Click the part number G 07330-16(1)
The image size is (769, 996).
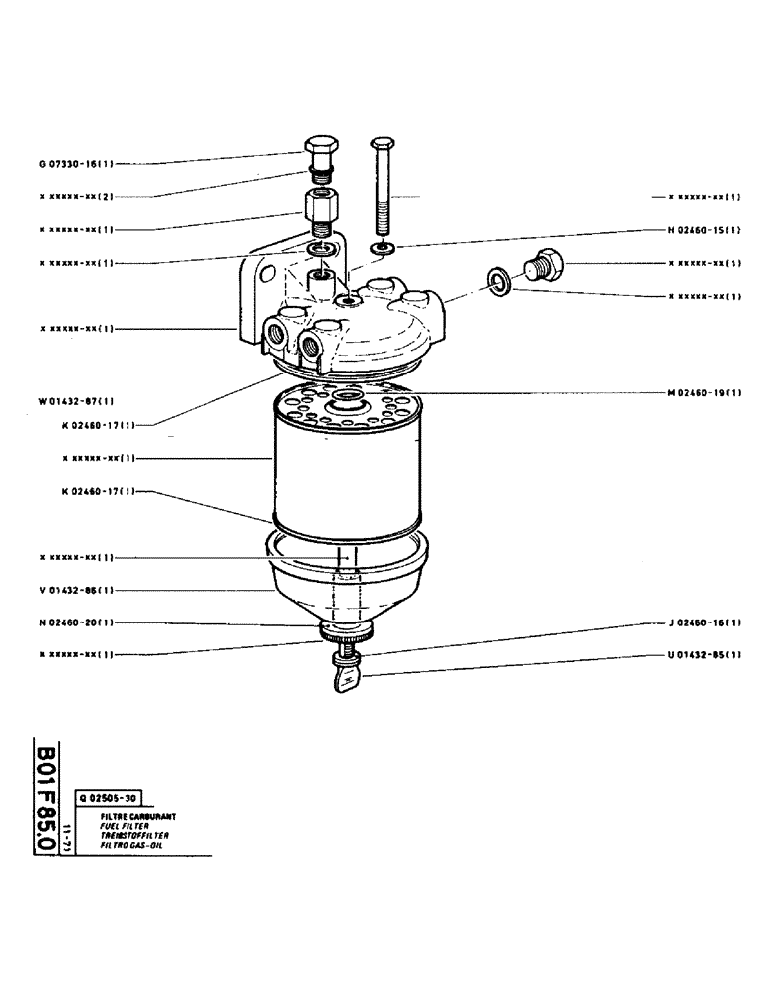point(76,164)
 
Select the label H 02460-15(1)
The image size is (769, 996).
point(703,230)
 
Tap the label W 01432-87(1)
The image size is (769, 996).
point(77,401)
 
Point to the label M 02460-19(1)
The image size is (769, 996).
point(703,392)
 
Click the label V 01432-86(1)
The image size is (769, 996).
point(77,590)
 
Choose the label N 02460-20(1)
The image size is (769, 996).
point(77,622)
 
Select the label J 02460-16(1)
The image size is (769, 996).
point(703,622)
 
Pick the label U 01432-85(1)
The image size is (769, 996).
point(703,654)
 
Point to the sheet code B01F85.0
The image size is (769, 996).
point(43,797)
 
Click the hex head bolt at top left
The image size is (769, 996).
point(319,154)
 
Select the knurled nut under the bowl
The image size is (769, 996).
point(346,631)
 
